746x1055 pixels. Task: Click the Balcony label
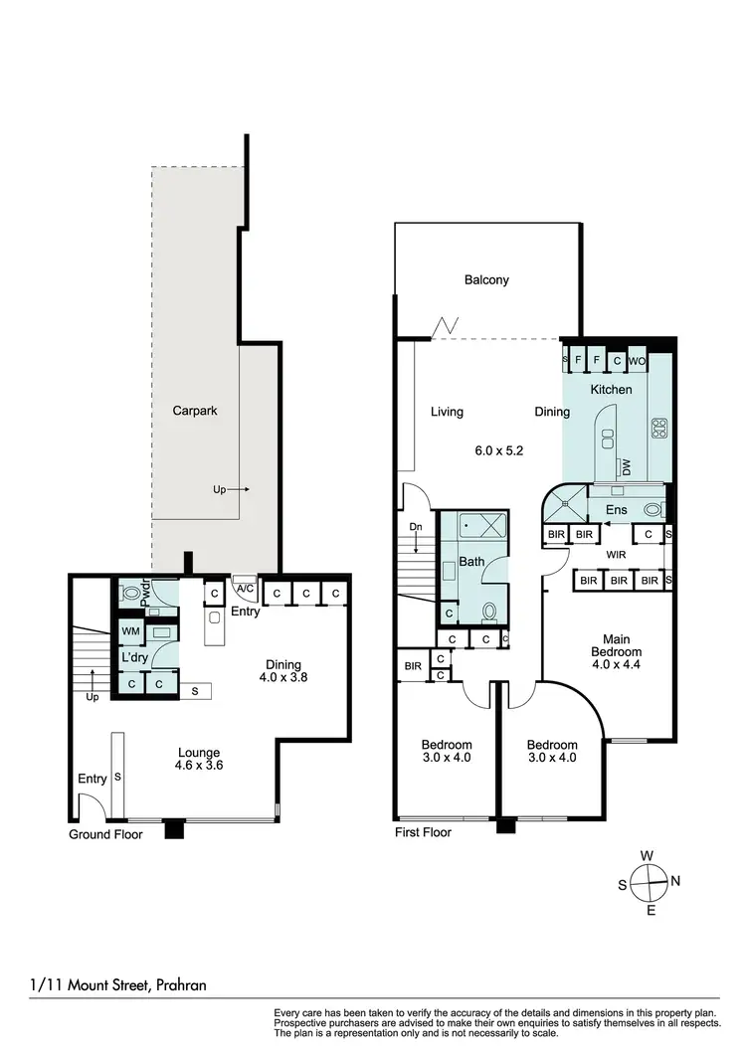(x=486, y=279)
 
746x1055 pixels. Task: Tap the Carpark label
(x=195, y=410)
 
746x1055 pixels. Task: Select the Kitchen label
(x=611, y=390)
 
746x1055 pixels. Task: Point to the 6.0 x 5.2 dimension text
(x=498, y=450)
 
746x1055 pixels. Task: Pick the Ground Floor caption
(x=105, y=835)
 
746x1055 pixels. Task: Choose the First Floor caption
(x=423, y=832)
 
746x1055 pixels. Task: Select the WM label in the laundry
(x=130, y=631)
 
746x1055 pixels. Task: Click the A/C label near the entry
(x=244, y=588)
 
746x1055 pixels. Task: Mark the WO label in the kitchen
(x=637, y=360)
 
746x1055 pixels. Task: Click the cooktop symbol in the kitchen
(x=658, y=430)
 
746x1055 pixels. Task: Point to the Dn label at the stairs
(x=416, y=527)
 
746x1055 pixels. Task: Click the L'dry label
(x=134, y=657)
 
